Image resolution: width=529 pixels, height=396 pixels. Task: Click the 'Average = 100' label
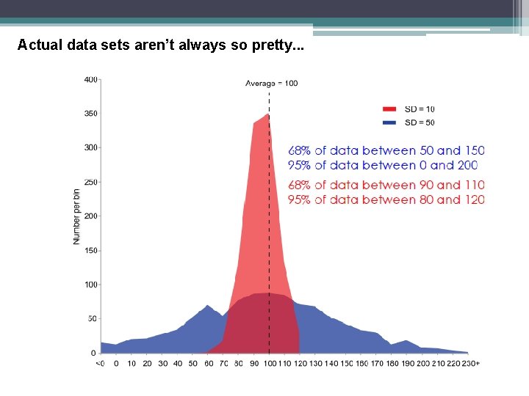coord(271,83)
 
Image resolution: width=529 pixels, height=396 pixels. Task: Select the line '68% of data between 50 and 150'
coord(386,151)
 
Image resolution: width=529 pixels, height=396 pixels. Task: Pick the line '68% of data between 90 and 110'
coord(386,185)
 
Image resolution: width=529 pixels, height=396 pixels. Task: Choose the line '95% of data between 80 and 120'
coord(386,199)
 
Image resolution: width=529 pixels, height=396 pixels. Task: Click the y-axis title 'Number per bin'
coord(76,216)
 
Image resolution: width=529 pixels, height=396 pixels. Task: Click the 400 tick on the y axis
coord(90,78)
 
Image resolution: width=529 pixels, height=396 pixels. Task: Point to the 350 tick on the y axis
coord(90,114)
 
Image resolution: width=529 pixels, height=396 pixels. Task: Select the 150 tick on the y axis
coord(90,250)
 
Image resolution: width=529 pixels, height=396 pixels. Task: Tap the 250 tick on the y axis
coord(90,182)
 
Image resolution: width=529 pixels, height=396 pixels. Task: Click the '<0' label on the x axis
coord(100,363)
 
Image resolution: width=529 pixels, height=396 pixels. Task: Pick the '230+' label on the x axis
coord(470,363)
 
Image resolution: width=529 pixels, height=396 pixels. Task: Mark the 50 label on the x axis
coord(192,363)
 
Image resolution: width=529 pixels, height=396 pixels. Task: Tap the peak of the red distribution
coord(267,114)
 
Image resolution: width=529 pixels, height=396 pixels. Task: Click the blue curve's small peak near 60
coord(207,306)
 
